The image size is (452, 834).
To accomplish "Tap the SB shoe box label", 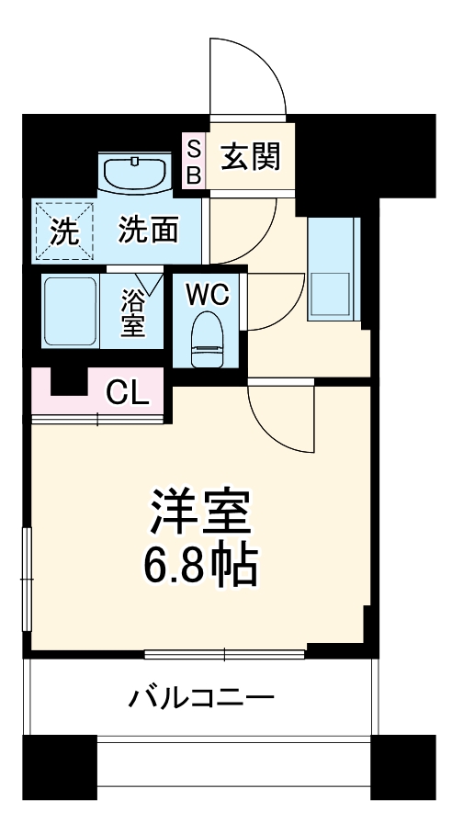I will [x=194, y=162].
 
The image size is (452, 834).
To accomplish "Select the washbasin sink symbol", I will [x=135, y=172].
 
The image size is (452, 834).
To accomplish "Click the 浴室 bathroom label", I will [x=134, y=312].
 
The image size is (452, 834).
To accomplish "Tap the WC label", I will [x=207, y=295].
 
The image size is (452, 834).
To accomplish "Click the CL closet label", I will [x=126, y=393].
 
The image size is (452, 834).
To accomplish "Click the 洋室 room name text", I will [x=200, y=512].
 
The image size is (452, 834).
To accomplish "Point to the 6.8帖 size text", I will [x=200, y=568].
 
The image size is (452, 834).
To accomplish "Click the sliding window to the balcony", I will [x=225, y=654].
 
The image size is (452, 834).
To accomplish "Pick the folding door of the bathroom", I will [x=147, y=280].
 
